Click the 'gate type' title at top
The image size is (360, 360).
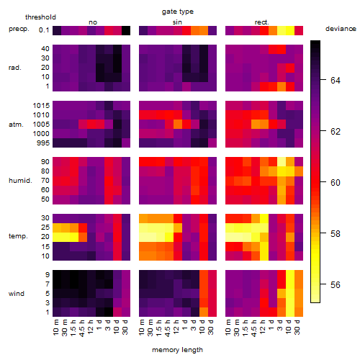(x=178, y=12)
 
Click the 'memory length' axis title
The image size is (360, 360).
(x=177, y=350)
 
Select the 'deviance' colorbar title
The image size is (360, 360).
(x=341, y=29)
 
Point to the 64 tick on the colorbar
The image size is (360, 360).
(x=323, y=80)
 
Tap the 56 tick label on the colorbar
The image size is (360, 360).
(x=336, y=284)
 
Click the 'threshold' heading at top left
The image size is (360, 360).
(x=40, y=17)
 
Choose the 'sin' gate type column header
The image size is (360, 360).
(x=177, y=22)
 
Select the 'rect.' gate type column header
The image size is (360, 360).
(x=261, y=22)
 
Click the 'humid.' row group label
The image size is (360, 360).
(x=20, y=181)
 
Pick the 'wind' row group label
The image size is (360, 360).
(x=17, y=294)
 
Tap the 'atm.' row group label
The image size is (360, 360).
(x=16, y=125)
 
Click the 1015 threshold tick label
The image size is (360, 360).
(x=41, y=106)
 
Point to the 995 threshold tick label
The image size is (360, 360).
(x=43, y=143)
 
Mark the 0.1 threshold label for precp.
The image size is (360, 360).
(x=44, y=30)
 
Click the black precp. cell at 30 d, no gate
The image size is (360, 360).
(x=126, y=30)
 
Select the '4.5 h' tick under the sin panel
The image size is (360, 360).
(x=167, y=328)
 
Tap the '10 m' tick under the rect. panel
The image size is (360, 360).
(x=228, y=328)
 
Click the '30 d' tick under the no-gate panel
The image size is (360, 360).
(x=125, y=328)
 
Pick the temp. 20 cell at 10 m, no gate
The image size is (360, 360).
(x=57, y=237)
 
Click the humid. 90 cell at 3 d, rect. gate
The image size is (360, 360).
(x=282, y=162)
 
